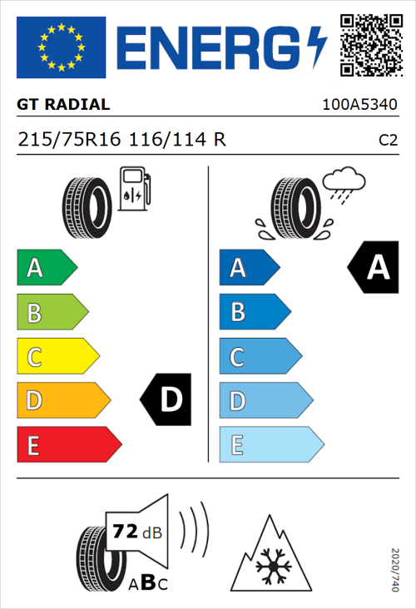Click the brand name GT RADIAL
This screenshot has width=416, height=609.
click(x=63, y=105)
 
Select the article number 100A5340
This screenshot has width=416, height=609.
click(x=359, y=106)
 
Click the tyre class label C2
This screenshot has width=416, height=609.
click(x=388, y=141)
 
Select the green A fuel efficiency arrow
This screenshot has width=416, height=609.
click(x=46, y=268)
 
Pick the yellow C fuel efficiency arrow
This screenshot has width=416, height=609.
click(x=57, y=357)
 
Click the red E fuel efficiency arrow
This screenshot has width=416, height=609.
click(x=67, y=445)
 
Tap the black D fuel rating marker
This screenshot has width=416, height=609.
click(x=167, y=400)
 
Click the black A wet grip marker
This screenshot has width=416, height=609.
click(x=375, y=268)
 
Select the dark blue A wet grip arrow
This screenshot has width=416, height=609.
click(x=249, y=268)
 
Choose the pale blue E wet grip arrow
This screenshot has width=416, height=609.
click(x=270, y=445)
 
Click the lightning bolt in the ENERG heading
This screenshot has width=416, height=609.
click(x=313, y=47)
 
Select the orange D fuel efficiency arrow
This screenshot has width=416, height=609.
click(x=62, y=401)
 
